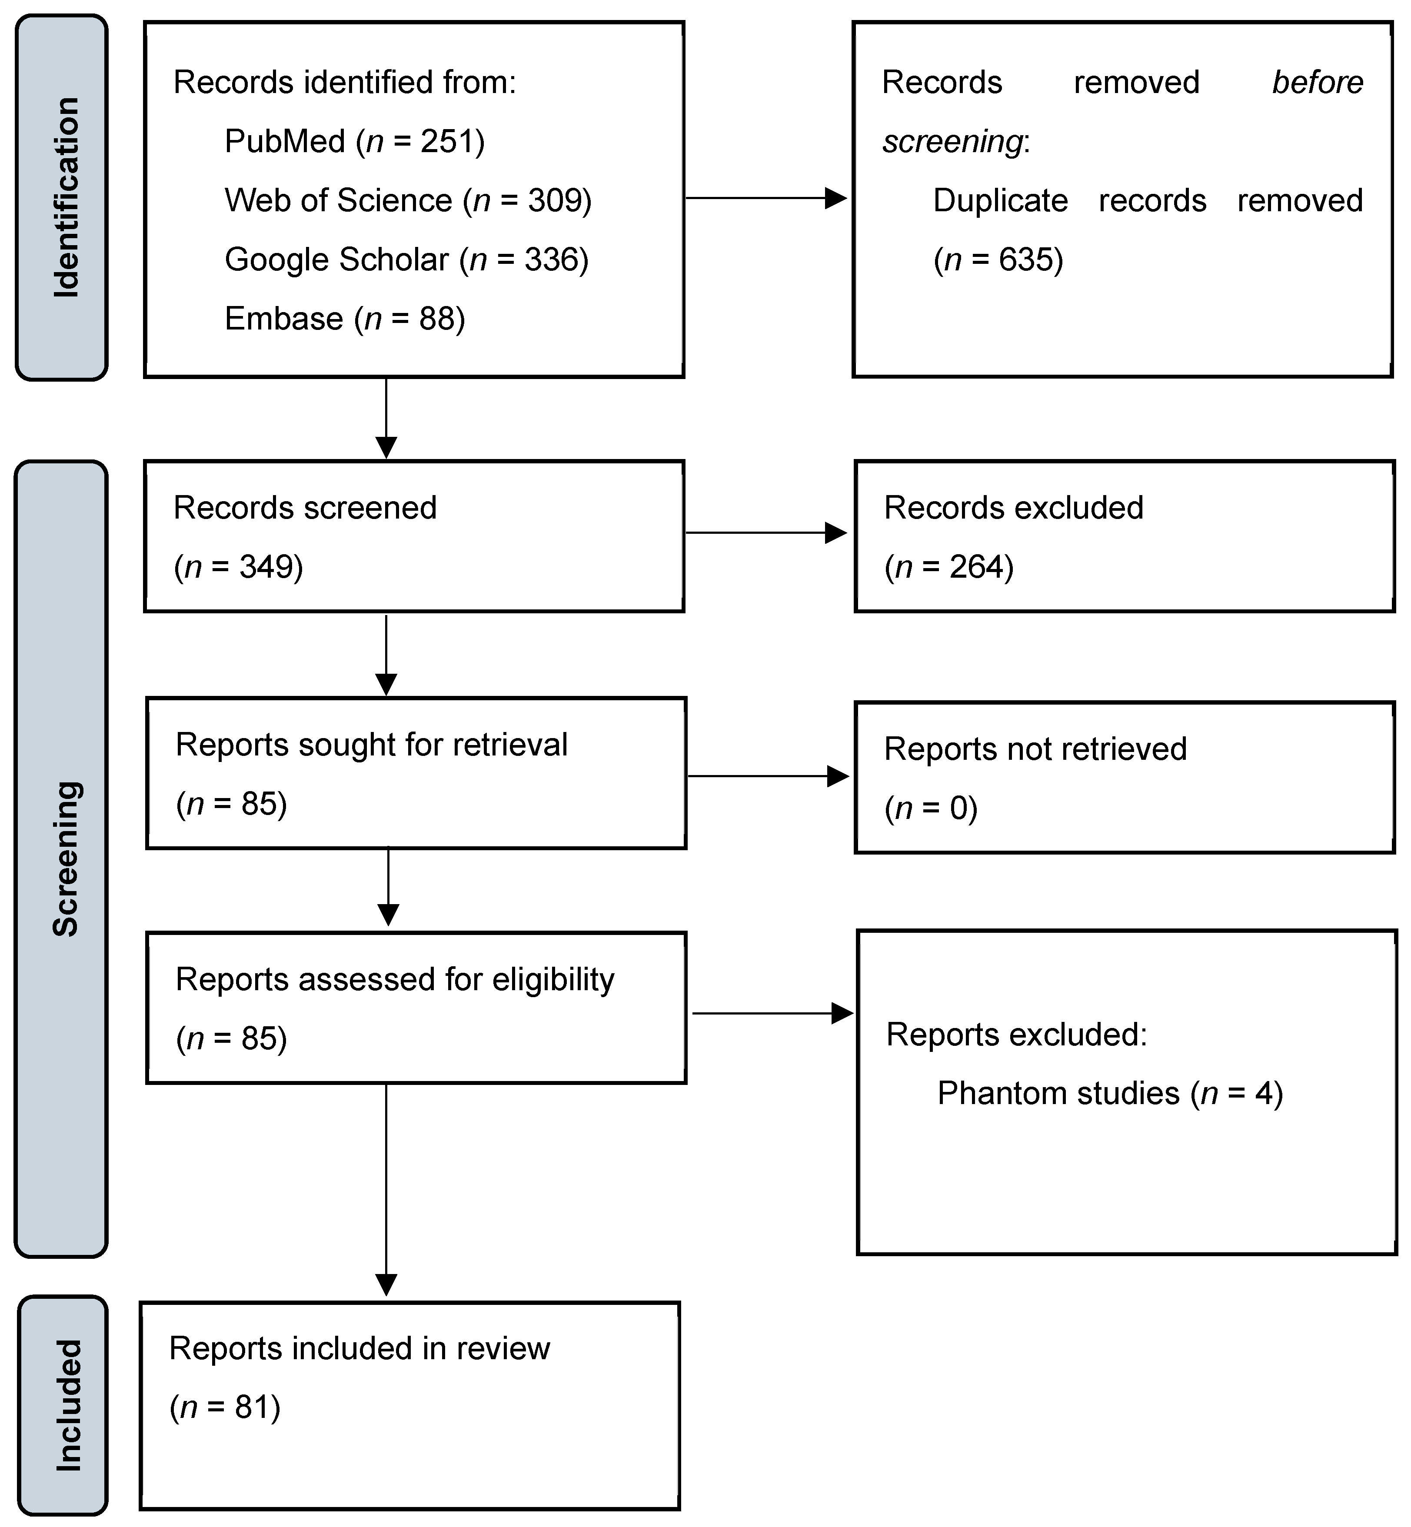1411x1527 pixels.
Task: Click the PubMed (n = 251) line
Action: pos(354,141)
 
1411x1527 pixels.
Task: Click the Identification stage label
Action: pos(66,197)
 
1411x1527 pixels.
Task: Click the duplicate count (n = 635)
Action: pos(998,259)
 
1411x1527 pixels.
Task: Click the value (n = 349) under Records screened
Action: pos(238,566)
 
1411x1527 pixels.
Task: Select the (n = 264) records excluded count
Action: pos(949,566)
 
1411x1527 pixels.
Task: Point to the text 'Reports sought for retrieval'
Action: pos(372,745)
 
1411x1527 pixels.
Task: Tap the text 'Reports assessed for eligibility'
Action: pos(395,980)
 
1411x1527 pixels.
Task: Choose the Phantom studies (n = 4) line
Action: pos(1110,1093)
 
